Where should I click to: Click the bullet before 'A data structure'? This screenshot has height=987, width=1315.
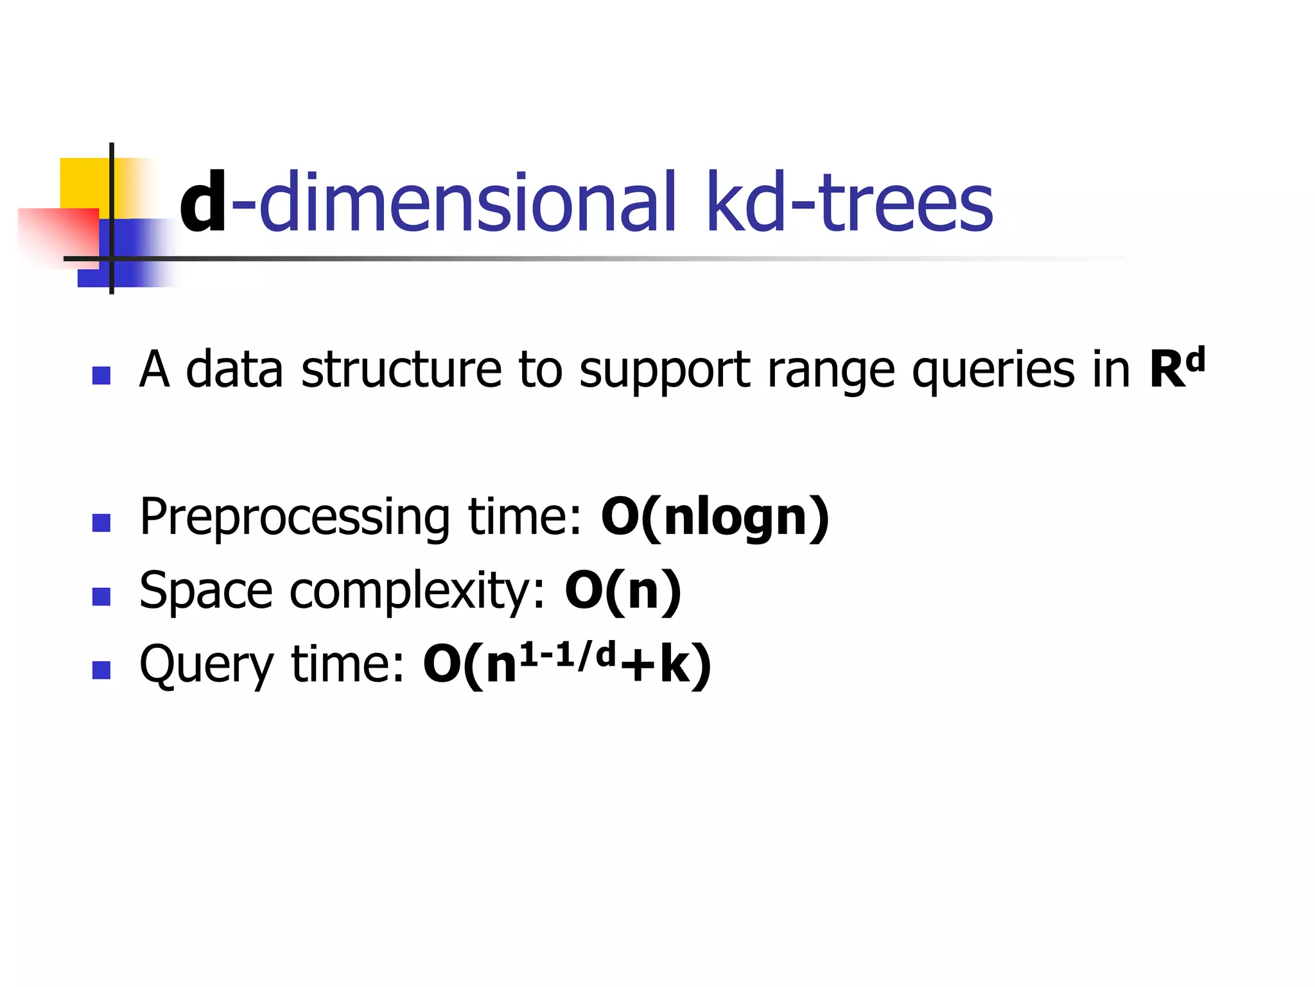tap(101, 375)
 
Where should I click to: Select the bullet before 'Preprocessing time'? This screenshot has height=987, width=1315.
tap(101, 522)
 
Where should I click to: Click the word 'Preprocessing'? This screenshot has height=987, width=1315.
tap(295, 518)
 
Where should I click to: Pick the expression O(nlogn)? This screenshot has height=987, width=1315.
tap(715, 518)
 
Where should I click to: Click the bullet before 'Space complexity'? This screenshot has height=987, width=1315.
tap(101, 596)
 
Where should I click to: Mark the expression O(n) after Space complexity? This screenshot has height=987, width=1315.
tap(622, 591)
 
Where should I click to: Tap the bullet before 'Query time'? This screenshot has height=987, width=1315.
tap(101, 670)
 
